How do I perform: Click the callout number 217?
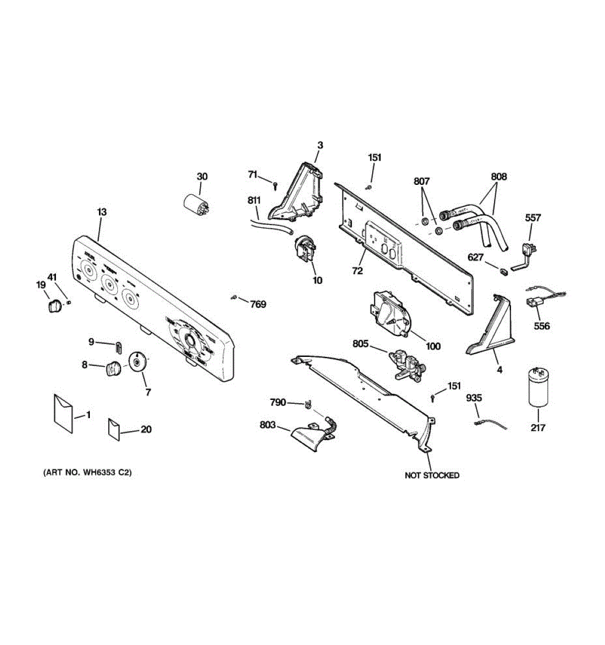(x=538, y=428)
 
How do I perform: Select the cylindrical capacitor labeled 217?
(x=538, y=387)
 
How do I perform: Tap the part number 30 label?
(x=202, y=176)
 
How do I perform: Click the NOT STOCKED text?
(x=432, y=475)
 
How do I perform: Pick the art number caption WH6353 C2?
(x=87, y=473)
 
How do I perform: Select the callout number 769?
(x=258, y=304)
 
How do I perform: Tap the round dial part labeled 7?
(x=138, y=362)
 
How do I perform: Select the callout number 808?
(x=499, y=176)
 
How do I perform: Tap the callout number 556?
(x=542, y=326)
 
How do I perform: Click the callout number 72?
(x=358, y=271)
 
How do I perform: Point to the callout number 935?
(x=474, y=398)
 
